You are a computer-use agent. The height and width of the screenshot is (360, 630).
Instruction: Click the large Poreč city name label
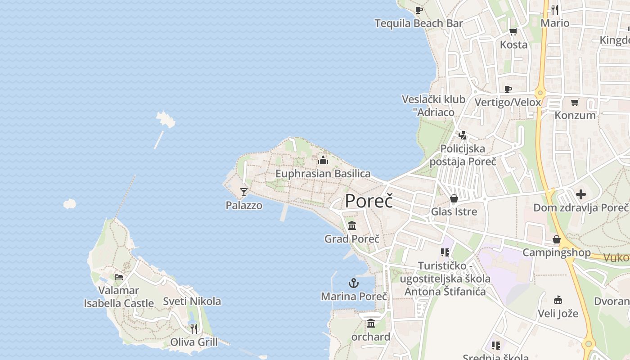(369, 201)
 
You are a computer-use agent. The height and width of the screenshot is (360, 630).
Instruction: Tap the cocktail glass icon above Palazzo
(244, 192)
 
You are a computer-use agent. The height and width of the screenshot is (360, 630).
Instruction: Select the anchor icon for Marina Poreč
(354, 283)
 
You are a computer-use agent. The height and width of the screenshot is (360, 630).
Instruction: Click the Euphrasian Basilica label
(323, 174)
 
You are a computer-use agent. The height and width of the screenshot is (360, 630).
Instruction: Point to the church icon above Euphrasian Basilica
(323, 160)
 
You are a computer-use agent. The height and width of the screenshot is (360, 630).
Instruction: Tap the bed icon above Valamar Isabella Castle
(119, 277)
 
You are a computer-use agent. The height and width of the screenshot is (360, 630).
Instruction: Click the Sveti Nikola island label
(192, 301)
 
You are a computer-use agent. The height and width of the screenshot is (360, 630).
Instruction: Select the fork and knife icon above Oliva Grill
(193, 328)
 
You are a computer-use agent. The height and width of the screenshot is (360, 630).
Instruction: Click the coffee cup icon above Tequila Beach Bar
(419, 10)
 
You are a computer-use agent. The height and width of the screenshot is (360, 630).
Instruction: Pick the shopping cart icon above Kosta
(513, 31)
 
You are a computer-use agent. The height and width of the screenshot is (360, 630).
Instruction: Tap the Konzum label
(575, 115)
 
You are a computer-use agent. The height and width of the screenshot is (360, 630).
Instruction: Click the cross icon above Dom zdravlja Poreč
(581, 194)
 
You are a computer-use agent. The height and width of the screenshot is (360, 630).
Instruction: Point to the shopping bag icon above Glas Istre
(454, 198)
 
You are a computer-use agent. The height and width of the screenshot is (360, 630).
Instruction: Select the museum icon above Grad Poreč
(352, 225)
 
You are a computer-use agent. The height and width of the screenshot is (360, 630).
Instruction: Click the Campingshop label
(556, 252)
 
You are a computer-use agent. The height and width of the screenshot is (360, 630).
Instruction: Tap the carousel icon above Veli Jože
(558, 300)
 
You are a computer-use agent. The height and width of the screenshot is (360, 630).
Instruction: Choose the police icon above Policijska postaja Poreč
(462, 135)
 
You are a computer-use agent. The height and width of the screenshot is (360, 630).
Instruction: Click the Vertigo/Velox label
(508, 102)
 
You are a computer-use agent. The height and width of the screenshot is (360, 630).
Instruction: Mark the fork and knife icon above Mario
(555, 9)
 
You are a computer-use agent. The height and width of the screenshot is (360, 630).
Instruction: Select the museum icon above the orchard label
(371, 323)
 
